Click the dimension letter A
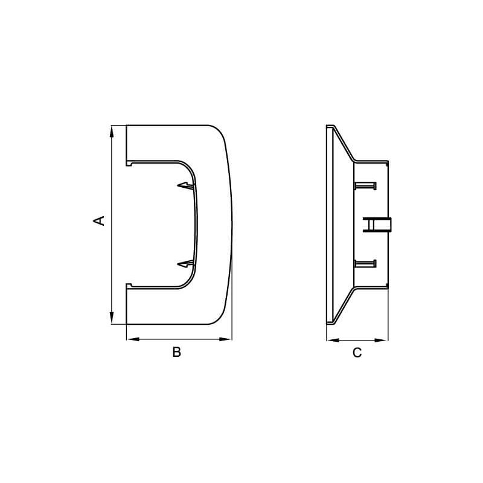[99, 220]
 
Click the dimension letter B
[176, 352]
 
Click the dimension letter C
[357, 353]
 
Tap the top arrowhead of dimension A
[112, 132]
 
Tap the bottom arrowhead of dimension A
[112, 318]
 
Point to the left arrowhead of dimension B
[133, 339]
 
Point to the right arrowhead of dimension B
[225, 339]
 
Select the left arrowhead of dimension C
[333, 341]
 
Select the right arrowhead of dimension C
[382, 341]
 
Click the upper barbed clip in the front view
[187, 186]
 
